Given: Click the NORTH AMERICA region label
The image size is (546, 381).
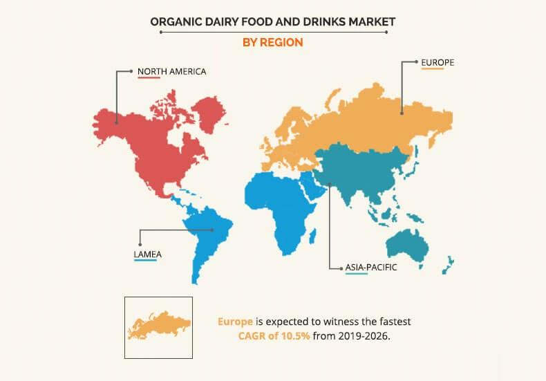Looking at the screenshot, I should tap(171, 71).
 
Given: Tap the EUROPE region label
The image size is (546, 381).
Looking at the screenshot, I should tap(437, 62).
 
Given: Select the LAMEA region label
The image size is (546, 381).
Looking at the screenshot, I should tap(151, 254).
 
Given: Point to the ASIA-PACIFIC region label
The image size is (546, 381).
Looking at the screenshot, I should tap(373, 266).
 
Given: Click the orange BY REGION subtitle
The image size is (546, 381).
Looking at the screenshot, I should tap(272, 42).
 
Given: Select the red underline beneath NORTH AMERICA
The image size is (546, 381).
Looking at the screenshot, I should tap(149, 77).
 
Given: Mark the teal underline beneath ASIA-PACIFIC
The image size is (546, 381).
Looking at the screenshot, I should tap(356, 273).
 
